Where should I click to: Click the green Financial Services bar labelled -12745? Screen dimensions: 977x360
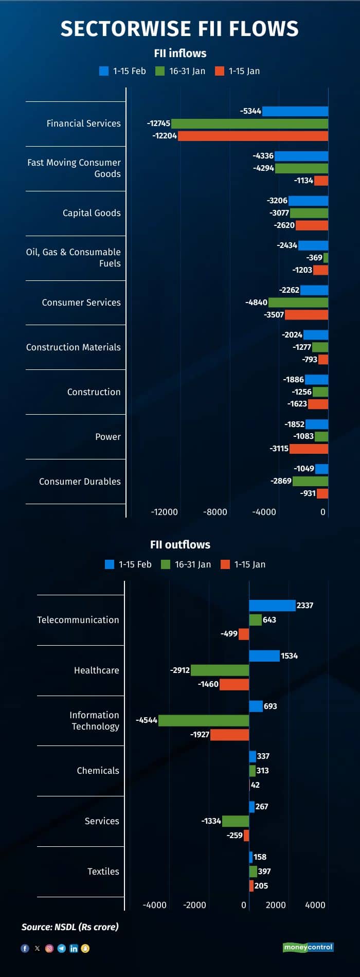249,123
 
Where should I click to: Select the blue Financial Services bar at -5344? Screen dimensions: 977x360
295,111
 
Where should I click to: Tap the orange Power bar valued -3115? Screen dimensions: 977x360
309,449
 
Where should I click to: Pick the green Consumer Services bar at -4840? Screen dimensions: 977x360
298,303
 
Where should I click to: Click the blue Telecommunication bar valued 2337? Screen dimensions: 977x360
272,606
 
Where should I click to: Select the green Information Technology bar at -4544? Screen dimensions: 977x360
204,720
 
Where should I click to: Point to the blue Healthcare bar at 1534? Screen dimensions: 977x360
264,656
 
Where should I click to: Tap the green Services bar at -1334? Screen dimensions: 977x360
236,821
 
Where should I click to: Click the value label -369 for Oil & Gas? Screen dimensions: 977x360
314,258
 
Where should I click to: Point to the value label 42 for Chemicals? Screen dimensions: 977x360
255,785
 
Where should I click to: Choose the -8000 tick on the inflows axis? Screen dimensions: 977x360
215,512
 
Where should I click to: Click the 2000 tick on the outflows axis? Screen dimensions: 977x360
276,905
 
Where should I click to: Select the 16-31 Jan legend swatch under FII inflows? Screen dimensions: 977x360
160,71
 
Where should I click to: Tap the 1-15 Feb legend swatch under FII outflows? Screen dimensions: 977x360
110,564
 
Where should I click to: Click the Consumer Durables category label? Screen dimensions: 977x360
80,482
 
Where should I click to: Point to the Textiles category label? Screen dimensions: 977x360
103,872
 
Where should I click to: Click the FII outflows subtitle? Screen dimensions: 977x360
180,544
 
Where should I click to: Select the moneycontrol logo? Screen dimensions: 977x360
308,947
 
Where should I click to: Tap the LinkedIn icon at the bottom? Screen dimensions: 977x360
74,948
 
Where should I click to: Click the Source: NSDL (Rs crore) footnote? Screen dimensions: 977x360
70,927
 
